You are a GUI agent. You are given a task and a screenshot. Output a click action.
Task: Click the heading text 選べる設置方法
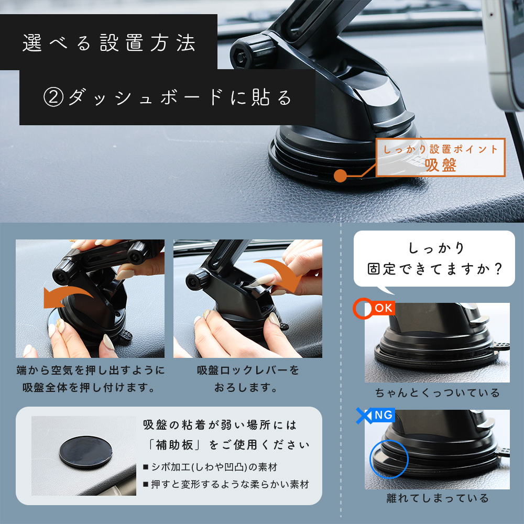click(109, 43)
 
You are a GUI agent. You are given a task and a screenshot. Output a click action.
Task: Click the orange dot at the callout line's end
click(341, 175)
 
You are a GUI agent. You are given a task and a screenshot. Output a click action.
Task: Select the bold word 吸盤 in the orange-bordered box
click(441, 165)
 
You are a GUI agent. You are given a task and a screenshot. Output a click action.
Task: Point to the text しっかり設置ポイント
click(441, 149)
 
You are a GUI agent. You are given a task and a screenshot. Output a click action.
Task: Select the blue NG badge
click(383, 416)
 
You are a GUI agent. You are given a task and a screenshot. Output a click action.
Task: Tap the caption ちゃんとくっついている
click(437, 392)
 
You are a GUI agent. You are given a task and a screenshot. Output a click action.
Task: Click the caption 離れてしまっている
click(437, 498)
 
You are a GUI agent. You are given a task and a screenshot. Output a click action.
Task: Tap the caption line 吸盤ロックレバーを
click(248, 370)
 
